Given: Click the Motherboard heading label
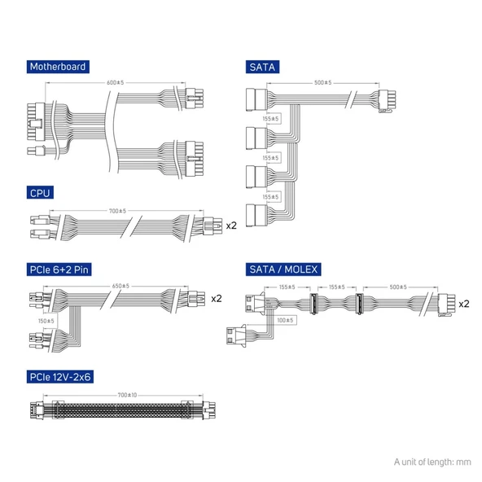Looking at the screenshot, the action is (58, 67).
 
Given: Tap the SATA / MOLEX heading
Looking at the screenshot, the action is (283, 269).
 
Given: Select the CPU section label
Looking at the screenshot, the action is (40, 193).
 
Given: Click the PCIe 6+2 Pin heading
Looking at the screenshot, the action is (59, 269).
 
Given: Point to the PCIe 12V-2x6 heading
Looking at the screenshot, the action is (60, 377).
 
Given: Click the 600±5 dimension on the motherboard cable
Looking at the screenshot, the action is (116, 82).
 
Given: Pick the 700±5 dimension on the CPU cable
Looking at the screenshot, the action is (117, 211).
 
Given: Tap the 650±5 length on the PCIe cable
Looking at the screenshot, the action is (120, 286).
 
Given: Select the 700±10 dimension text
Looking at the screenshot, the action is (127, 395).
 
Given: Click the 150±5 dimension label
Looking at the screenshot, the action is (46, 321).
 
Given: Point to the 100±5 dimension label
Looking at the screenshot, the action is (285, 320).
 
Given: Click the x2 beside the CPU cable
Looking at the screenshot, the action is (231, 226).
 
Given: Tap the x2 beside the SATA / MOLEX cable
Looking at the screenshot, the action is (464, 304).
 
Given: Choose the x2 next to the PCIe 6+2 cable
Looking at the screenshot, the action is (217, 299).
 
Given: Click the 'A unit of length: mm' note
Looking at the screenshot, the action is (432, 462).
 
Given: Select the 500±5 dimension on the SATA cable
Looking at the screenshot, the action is (322, 82).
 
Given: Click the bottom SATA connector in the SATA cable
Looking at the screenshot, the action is (257, 215).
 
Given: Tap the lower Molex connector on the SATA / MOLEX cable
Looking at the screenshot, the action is (237, 335).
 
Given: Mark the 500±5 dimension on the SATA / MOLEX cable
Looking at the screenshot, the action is (398, 287).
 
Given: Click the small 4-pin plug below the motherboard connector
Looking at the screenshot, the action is (37, 151).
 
